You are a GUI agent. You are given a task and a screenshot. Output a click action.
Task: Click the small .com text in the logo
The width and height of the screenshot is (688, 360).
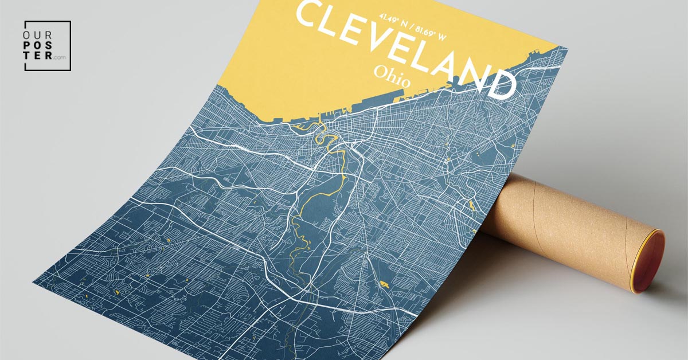click(x=60, y=58)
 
